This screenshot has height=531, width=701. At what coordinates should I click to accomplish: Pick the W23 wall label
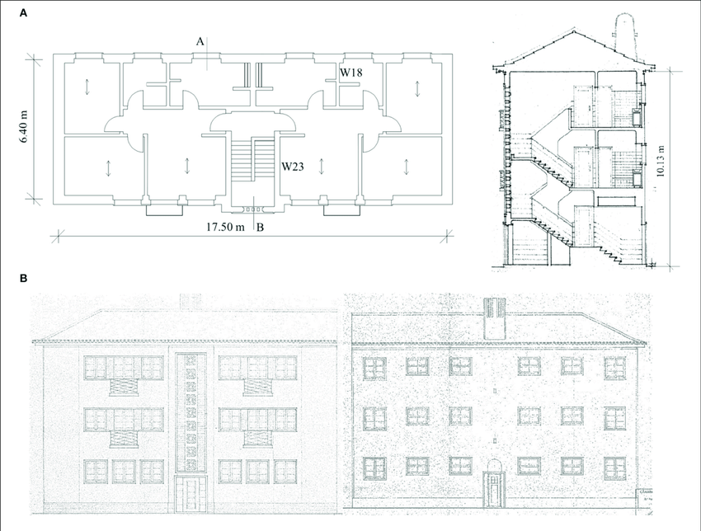click(x=294, y=167)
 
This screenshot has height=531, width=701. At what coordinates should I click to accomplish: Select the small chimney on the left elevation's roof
click(x=189, y=301)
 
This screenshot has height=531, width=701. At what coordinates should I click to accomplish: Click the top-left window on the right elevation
click(x=375, y=367)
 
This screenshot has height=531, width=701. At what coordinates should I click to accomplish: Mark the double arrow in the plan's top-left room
click(x=87, y=87)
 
